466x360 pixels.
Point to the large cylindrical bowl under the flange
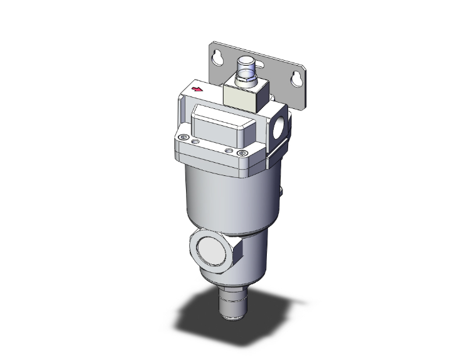(229, 194)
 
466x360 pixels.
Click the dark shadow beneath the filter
(200, 313)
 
